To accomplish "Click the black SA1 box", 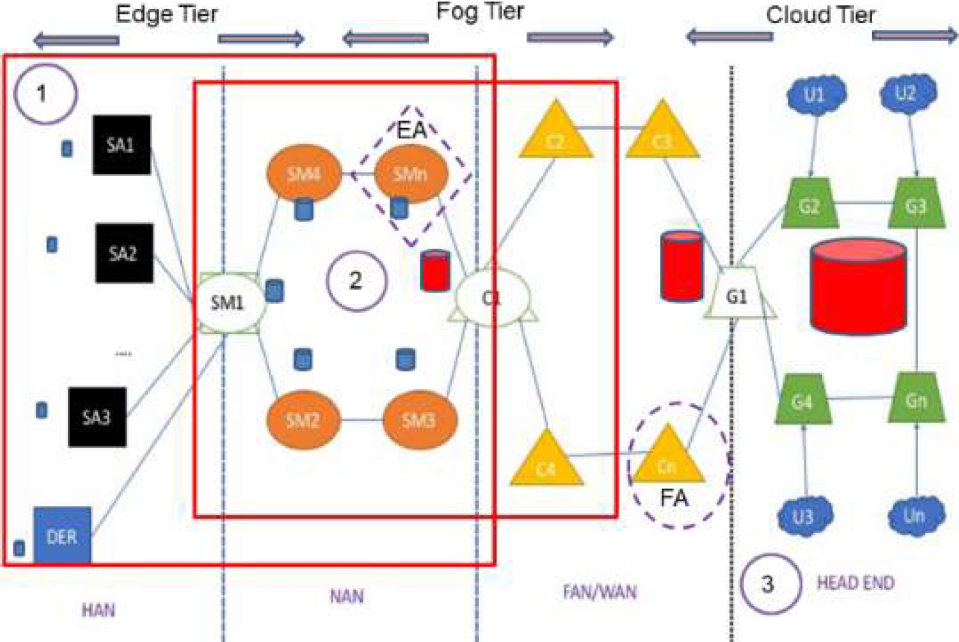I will click(x=121, y=144).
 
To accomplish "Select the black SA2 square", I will click(x=124, y=253).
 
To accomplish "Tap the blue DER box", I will click(x=62, y=536).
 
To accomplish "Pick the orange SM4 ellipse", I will click(x=303, y=174).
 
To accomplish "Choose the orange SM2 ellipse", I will click(x=302, y=419).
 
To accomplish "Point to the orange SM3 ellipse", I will click(x=419, y=419).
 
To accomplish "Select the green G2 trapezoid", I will click(x=808, y=204).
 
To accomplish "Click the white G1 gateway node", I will click(x=737, y=295).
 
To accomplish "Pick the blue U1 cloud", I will click(x=816, y=95).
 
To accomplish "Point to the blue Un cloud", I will click(x=915, y=516).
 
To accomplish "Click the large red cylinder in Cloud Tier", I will click(x=858, y=286).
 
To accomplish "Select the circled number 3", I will click(x=769, y=584).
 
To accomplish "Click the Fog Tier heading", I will click(x=479, y=12).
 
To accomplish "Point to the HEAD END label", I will click(x=855, y=583).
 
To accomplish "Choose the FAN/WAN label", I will click(x=599, y=592).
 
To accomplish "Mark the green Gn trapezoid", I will click(x=916, y=399).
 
